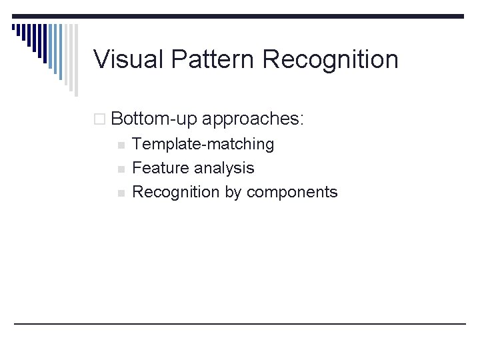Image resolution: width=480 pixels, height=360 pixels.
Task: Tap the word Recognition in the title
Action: pyautogui.click(x=331, y=59)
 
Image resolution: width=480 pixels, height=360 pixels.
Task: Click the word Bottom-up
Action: pyautogui.click(x=154, y=119)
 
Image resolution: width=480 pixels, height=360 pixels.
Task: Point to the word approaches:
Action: pyautogui.click(x=252, y=119)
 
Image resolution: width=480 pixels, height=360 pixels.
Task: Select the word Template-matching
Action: pyautogui.click(x=203, y=144)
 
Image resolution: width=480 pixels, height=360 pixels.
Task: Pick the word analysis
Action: pyautogui.click(x=224, y=168)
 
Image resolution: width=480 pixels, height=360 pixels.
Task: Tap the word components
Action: pyautogui.click(x=292, y=192)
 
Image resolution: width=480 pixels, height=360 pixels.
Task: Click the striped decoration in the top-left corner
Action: pyautogui.click(x=40, y=40)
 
